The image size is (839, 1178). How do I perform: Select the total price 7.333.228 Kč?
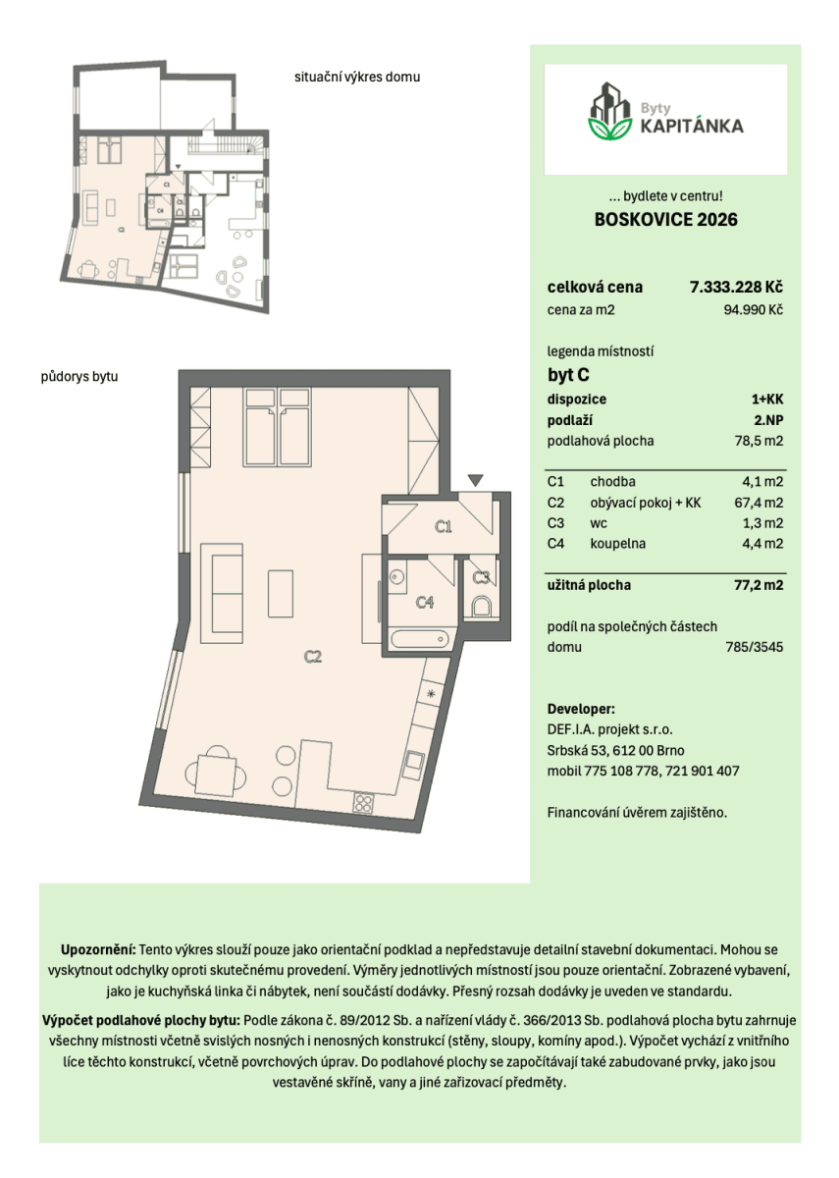(736, 288)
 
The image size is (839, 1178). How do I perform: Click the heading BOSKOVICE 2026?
(665, 220)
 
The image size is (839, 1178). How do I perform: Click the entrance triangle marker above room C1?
(475, 480)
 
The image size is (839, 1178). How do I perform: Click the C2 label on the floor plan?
(312, 658)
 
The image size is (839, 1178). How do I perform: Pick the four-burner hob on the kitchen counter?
(364, 802)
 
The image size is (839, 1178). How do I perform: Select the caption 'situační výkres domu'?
(357, 77)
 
